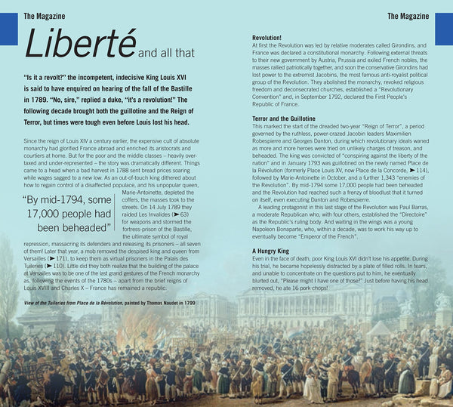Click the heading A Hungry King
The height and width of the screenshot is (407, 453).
[273, 250]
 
